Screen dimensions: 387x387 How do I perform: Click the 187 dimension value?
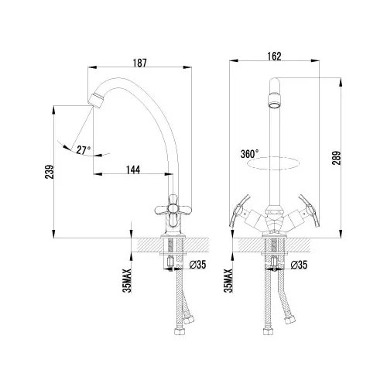[140, 63]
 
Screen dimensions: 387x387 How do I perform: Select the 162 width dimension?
[274, 57]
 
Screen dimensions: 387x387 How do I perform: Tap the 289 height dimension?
[337, 158]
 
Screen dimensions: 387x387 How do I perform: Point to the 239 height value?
[50, 172]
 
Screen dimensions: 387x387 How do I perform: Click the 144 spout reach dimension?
[133, 170]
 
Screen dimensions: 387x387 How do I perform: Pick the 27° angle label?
[84, 150]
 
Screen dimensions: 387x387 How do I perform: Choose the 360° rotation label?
[249, 154]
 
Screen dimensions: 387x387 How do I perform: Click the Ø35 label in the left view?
[197, 265]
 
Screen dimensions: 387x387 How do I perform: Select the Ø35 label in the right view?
[299, 265]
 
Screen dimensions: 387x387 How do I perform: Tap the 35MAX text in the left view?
[127, 281]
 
